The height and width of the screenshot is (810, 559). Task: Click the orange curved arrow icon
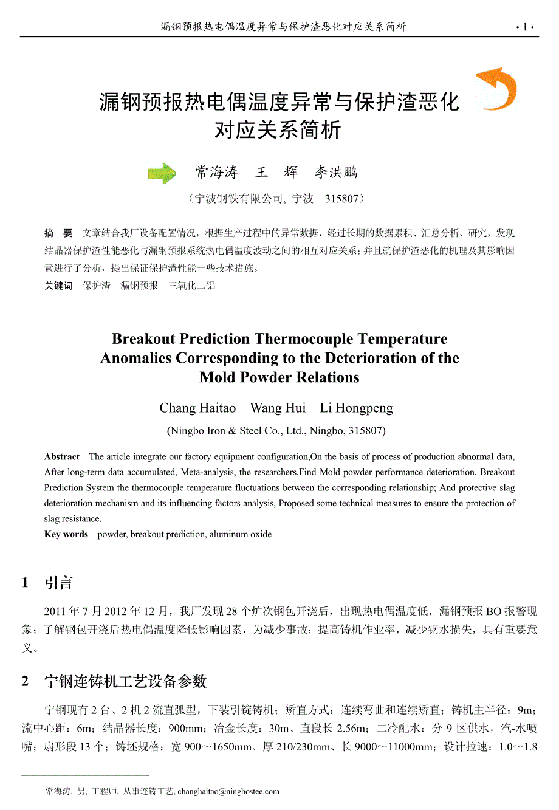[498, 89]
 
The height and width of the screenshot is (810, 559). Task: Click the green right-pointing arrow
[162, 174]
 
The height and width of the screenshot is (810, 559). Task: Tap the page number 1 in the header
[524, 27]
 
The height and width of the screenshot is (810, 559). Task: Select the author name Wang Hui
[278, 408]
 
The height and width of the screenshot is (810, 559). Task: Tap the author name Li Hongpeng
[356, 408]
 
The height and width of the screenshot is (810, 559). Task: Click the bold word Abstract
[62, 457]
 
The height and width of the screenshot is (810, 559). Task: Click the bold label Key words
[66, 534]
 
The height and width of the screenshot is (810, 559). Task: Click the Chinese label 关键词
[58, 286]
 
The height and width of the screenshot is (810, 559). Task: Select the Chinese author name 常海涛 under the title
[216, 173]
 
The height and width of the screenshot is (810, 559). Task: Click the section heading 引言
[58, 583]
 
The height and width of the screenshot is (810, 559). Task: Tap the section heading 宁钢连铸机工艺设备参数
[125, 681]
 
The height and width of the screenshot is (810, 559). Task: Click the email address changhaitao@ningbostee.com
[228, 791]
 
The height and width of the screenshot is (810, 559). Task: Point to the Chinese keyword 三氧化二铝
[191, 286]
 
